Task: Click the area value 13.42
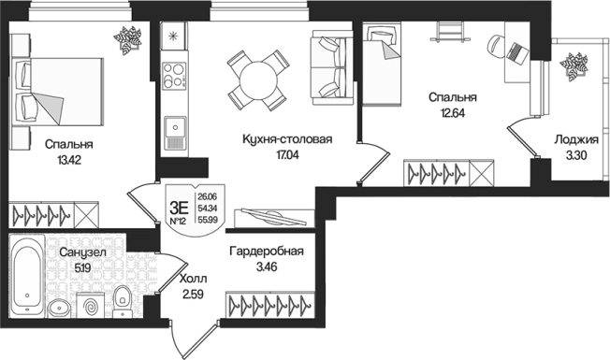pos(68,160)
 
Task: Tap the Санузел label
pos(80,252)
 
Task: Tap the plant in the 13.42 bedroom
pos(127,38)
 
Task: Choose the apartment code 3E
pos(175,195)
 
